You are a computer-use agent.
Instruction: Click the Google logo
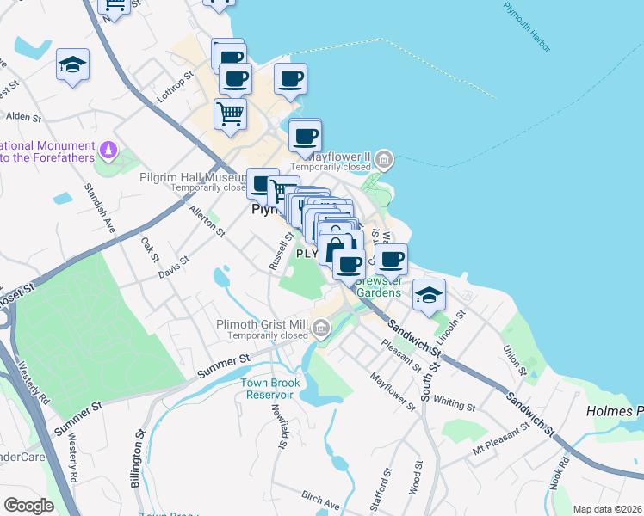click(x=28, y=506)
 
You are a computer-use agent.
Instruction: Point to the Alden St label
click(x=23, y=116)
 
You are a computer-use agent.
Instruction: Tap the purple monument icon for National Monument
click(x=108, y=150)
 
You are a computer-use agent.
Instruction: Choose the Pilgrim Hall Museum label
click(x=194, y=177)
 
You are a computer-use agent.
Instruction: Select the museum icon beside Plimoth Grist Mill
click(x=320, y=327)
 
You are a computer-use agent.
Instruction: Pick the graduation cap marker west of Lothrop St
click(x=73, y=65)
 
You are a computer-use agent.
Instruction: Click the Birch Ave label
click(x=320, y=500)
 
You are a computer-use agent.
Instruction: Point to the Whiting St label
click(x=455, y=402)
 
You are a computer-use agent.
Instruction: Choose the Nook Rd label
click(x=563, y=472)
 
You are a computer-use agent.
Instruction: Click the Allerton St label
click(x=207, y=221)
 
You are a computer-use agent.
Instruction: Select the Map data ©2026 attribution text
click(x=606, y=509)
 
